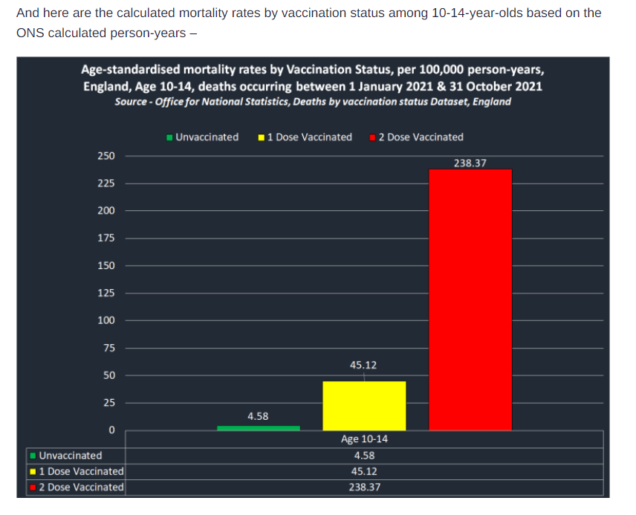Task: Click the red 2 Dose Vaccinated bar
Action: coord(470,299)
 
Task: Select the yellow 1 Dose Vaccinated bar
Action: coord(364,406)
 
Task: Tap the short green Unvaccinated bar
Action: coord(258,428)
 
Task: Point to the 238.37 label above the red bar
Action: coord(470,162)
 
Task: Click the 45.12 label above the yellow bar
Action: coord(363,365)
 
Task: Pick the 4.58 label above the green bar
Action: coord(258,416)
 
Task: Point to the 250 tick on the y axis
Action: coord(106,156)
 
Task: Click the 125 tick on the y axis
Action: coord(106,293)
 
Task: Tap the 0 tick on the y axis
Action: coord(111,430)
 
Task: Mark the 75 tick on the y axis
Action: coord(108,348)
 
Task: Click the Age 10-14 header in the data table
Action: coord(364,439)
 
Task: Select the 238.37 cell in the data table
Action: coord(364,488)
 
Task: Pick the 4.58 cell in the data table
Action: coord(364,456)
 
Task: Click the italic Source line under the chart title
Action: coord(313,101)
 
